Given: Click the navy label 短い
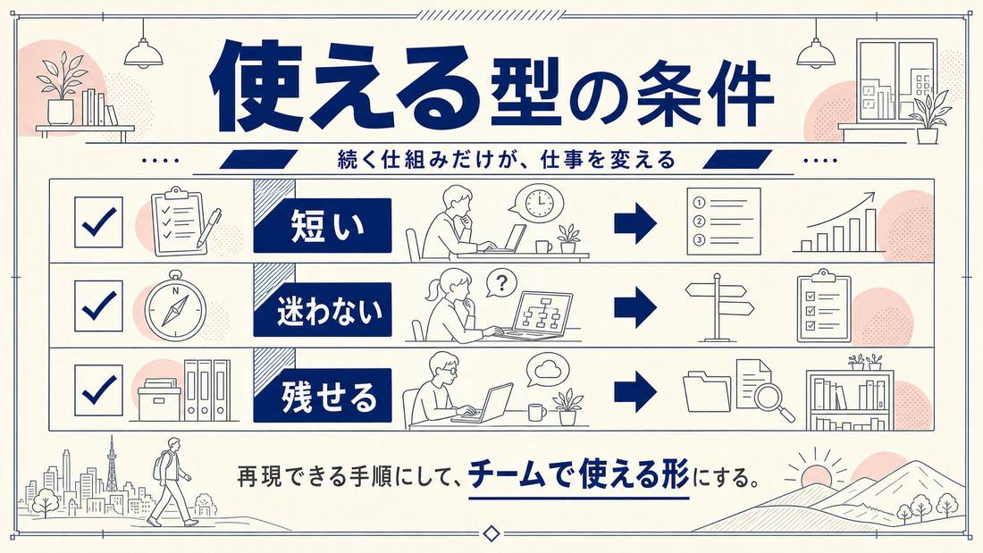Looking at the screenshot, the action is click(x=323, y=225).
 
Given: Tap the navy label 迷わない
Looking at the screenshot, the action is click(x=323, y=310).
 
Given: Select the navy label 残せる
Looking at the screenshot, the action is click(x=323, y=395).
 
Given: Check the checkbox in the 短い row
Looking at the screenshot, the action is click(x=98, y=222).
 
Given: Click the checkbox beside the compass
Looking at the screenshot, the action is click(x=98, y=306).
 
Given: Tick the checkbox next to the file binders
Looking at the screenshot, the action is click(x=98, y=390).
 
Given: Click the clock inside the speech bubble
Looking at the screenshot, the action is click(x=539, y=201).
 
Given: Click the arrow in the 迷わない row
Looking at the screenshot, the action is click(x=635, y=307).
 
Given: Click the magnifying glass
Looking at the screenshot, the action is click(x=774, y=402).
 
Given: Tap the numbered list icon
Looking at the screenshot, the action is click(x=724, y=222).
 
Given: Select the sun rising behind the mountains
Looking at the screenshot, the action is click(x=815, y=473).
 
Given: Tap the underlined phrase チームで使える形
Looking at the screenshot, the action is click(x=579, y=476).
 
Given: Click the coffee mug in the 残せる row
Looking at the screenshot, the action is click(x=537, y=412).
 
